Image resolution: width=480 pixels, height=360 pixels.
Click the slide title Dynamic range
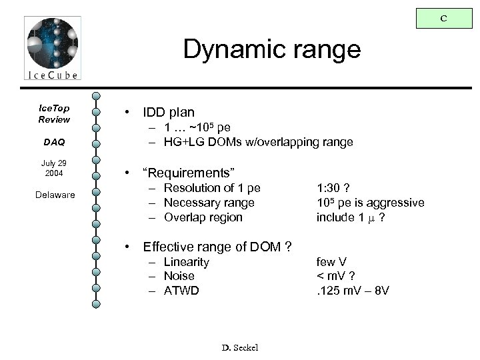click(272, 50)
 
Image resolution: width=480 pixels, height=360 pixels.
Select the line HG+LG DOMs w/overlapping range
click(252, 142)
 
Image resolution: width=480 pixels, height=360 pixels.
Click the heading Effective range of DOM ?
click(217, 247)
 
